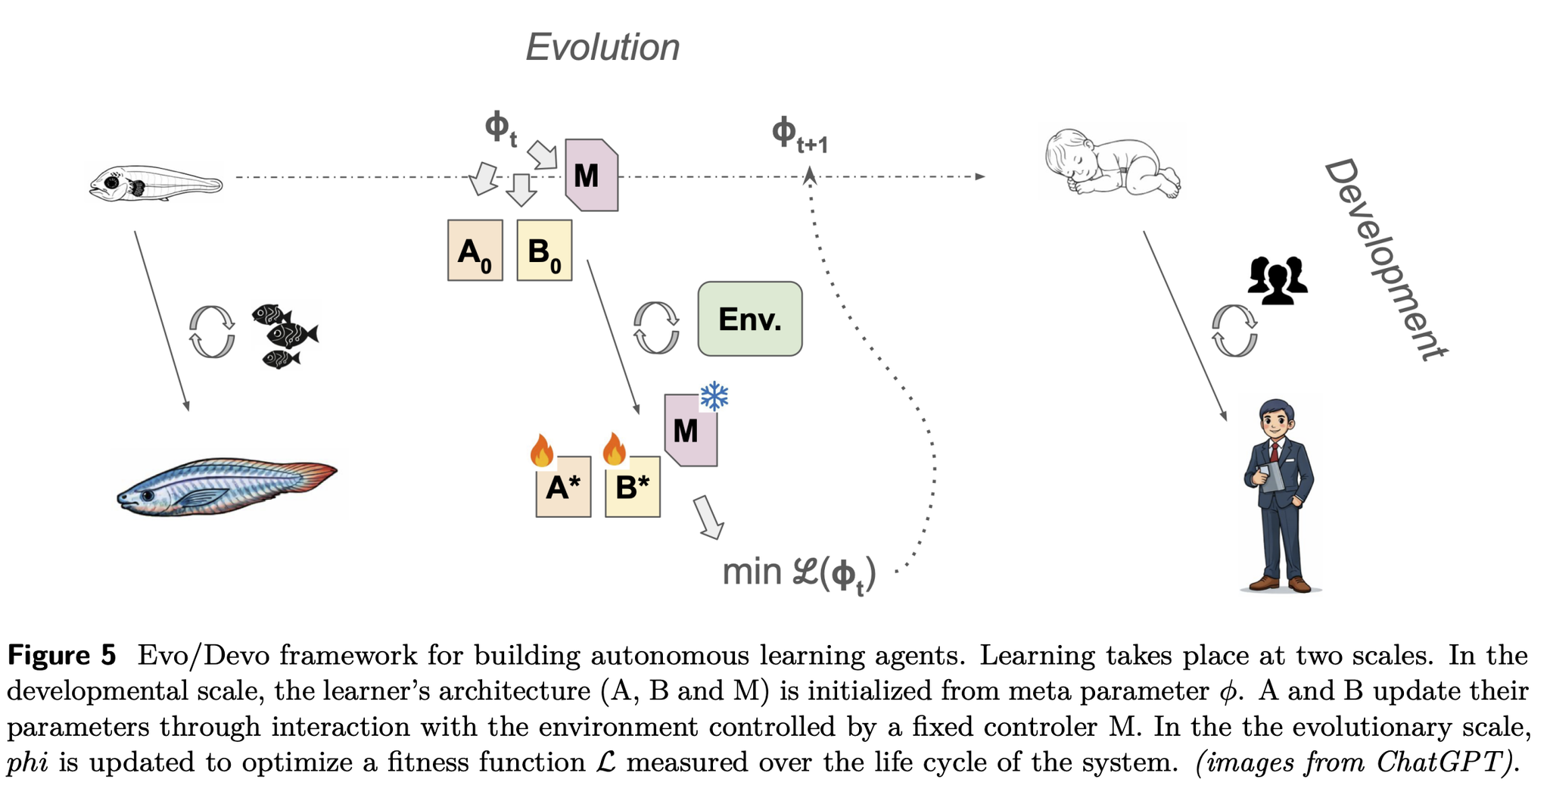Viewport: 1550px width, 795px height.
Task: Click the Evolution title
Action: coord(602,47)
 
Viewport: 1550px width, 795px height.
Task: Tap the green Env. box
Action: coord(749,319)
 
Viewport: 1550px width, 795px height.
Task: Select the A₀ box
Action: coord(475,251)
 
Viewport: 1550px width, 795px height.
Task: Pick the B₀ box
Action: coord(544,251)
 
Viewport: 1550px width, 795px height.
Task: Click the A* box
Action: coord(563,488)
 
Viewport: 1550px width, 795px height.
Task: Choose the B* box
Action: coord(633,488)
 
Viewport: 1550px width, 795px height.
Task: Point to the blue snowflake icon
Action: coord(714,396)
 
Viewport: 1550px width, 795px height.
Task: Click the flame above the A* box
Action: coord(542,450)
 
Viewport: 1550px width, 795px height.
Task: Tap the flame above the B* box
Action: coord(614,449)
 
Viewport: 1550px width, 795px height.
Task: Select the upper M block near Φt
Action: coord(591,175)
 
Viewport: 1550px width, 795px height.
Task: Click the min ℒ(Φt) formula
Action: coord(799,573)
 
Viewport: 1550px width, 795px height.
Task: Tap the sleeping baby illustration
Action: coord(1111,164)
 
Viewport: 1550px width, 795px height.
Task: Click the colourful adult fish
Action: coord(227,485)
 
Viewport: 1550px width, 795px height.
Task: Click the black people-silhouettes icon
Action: coord(1278,281)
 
